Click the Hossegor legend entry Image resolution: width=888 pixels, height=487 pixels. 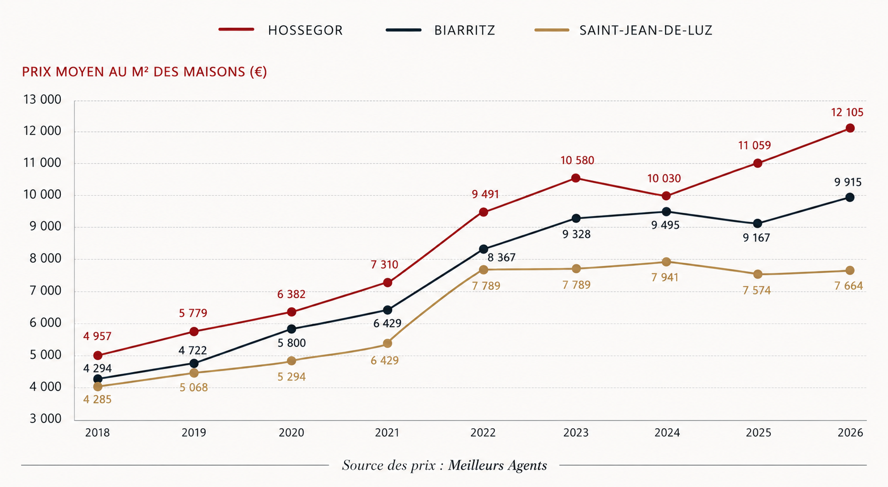coord(281,30)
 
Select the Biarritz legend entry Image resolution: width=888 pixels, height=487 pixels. coord(441,30)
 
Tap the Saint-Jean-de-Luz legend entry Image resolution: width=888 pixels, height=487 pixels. coord(624,30)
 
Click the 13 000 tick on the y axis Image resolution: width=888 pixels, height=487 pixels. coord(42,100)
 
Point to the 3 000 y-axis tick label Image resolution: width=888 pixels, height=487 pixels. coord(46,418)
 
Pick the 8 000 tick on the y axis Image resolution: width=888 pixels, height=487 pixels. coord(46,259)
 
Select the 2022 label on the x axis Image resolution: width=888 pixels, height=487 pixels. coord(483,432)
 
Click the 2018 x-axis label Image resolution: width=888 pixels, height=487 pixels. coord(98,432)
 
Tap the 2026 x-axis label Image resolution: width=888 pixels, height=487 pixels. coord(850,432)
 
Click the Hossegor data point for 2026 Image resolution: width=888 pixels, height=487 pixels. coord(850,128)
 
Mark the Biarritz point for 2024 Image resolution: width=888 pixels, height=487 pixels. coord(667,212)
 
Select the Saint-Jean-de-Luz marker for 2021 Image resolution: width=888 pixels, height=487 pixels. coord(388,343)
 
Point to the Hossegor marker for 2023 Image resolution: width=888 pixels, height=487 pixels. coord(576,178)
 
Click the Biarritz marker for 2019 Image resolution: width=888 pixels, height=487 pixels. coord(194,363)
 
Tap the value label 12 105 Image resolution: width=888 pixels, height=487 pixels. coord(847,113)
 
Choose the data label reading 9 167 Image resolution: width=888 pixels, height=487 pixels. coord(756,238)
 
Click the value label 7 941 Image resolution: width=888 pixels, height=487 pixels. coord(665,277)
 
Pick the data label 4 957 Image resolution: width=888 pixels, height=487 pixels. coord(98,337)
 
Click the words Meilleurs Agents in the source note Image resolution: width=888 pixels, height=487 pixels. coord(498,465)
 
